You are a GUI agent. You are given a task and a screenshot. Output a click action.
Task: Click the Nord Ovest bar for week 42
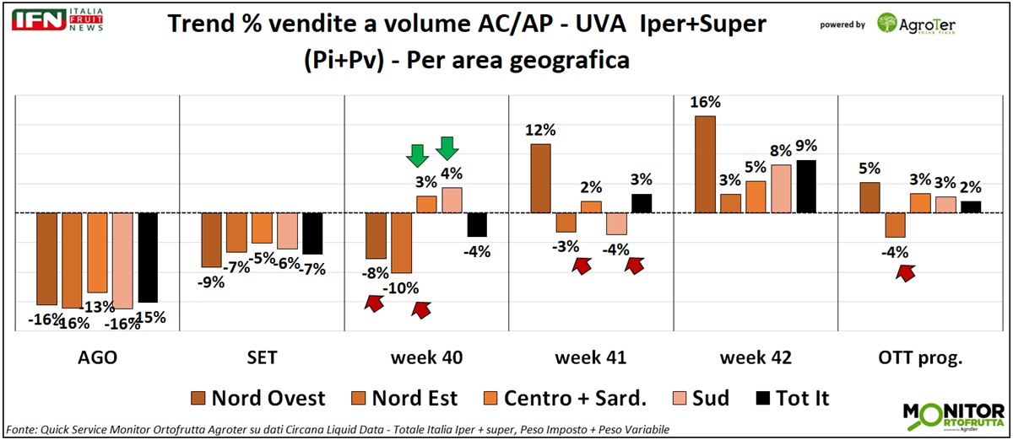point(705,164)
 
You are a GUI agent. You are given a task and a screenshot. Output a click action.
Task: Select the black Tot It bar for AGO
point(148,257)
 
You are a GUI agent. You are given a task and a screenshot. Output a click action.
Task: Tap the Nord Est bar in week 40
point(401,243)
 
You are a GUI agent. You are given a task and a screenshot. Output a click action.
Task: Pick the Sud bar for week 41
point(617,223)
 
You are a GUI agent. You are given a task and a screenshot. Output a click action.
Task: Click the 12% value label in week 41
point(540,131)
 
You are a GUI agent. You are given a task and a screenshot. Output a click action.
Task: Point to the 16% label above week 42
point(705,102)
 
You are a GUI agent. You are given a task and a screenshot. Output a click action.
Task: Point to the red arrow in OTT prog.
point(907,272)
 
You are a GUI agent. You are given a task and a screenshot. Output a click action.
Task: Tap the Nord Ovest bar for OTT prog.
point(869,197)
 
